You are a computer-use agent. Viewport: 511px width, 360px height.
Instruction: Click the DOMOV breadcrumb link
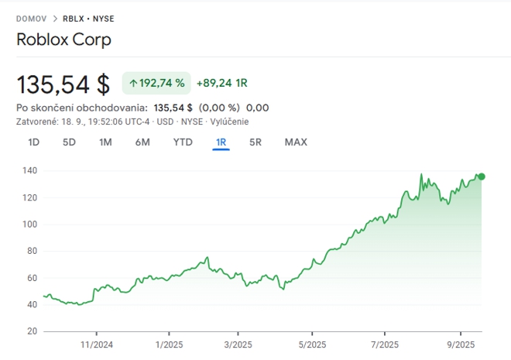(31, 18)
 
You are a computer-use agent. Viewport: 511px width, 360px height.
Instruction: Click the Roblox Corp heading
(63, 39)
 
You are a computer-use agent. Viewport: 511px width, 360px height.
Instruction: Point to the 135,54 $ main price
(63, 83)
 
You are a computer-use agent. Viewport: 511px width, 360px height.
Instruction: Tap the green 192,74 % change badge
(156, 83)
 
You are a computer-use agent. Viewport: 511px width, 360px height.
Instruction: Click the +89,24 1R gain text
(221, 83)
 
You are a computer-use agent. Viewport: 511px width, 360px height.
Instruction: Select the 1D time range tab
(34, 142)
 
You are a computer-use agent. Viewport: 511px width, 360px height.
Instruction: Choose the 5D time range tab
(69, 142)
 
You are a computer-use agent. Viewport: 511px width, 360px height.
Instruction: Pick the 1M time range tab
(105, 142)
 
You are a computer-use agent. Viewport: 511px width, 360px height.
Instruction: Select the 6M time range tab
(142, 142)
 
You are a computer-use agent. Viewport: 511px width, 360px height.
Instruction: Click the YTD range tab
(183, 142)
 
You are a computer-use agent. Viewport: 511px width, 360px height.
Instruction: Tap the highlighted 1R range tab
(221, 142)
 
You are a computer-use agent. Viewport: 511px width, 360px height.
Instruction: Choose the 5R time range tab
(256, 142)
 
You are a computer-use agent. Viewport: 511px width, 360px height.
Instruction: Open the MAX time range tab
(296, 142)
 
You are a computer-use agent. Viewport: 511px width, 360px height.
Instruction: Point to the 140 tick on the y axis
(30, 170)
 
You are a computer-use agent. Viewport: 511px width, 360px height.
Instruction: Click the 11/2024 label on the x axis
(98, 345)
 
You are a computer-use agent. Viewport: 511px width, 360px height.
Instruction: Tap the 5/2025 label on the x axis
(311, 345)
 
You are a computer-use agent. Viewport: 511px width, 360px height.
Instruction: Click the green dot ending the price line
(482, 177)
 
